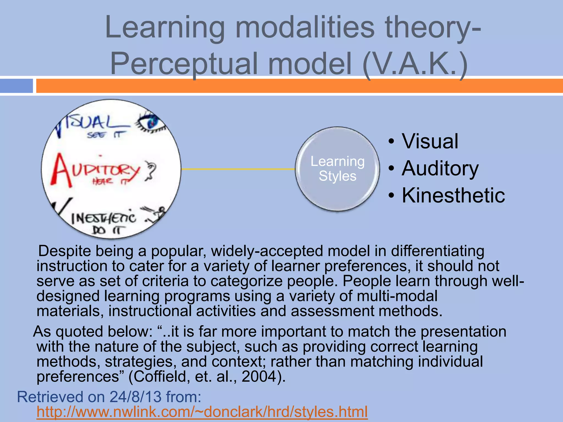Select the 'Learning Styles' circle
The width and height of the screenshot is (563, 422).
point(337,169)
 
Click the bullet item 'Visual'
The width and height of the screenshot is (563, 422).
point(430,141)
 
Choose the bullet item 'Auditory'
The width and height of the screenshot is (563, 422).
point(440,168)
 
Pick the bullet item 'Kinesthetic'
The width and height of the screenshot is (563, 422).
point(453,195)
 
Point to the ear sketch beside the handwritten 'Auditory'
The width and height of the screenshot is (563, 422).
point(150,171)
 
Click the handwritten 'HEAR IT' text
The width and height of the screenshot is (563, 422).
point(110,181)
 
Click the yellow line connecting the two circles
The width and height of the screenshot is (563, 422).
point(238,169)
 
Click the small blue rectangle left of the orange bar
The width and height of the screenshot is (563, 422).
point(16,86)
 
